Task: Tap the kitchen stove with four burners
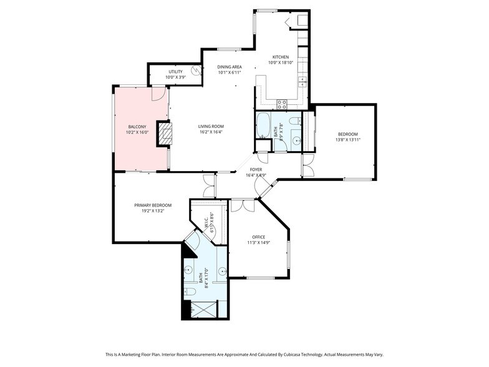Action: [x=282, y=104]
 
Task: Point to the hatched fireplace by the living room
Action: [x=163, y=133]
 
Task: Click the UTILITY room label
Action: [x=175, y=72]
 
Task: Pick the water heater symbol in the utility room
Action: [x=196, y=71]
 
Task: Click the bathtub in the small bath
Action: [x=263, y=125]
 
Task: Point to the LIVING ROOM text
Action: [x=211, y=127]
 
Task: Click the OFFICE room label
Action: [x=258, y=237]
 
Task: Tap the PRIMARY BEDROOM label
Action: [x=153, y=205]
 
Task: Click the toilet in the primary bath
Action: [x=190, y=290]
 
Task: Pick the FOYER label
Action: [x=256, y=169]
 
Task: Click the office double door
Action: [x=243, y=205]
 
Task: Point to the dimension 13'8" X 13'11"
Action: [x=348, y=140]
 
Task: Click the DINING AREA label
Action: [x=230, y=67]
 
